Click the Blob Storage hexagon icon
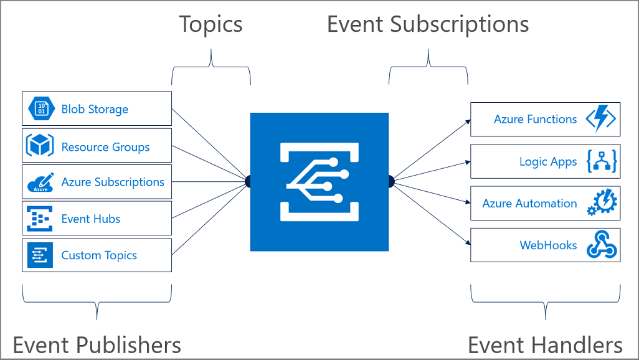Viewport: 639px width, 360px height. click(x=42, y=109)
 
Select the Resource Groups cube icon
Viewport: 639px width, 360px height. click(x=40, y=146)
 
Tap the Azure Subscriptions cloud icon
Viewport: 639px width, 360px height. click(x=40, y=182)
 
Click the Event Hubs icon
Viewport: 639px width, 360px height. click(x=40, y=219)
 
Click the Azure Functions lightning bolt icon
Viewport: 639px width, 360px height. click(x=600, y=120)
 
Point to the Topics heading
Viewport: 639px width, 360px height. click(x=211, y=24)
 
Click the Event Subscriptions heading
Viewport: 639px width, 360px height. click(x=428, y=24)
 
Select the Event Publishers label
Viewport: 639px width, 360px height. click(x=97, y=344)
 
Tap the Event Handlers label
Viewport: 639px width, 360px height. click(x=545, y=344)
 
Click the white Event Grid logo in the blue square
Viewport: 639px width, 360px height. click(x=319, y=181)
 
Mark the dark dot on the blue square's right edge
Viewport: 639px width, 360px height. click(x=391, y=181)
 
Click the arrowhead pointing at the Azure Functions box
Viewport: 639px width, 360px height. click(x=468, y=121)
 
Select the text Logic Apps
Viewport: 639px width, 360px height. click(x=548, y=162)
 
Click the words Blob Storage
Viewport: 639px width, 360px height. click(x=95, y=110)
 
